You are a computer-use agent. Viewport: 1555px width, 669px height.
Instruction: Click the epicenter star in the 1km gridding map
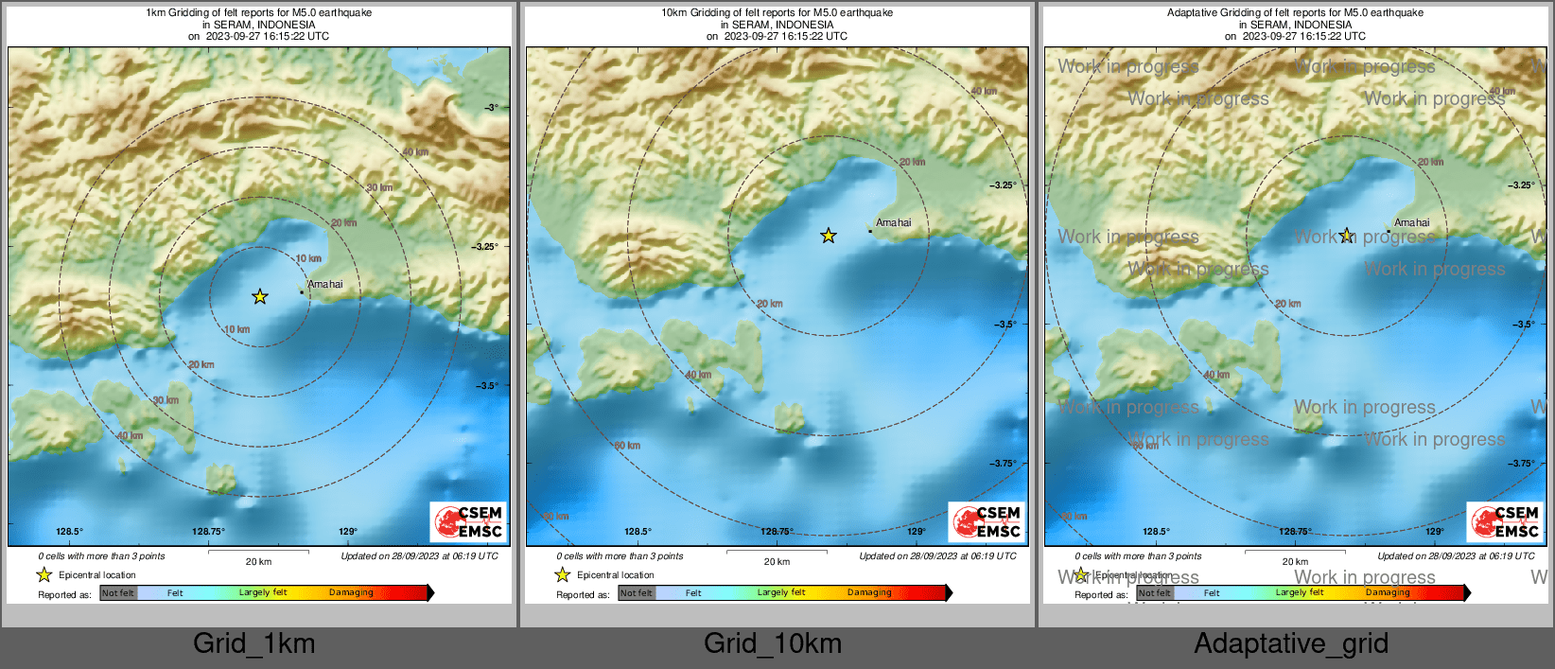260,297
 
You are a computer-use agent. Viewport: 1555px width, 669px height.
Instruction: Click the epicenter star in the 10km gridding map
829,236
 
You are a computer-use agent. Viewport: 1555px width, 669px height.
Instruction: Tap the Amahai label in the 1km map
325,285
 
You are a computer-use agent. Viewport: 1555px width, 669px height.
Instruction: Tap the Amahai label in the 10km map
893,223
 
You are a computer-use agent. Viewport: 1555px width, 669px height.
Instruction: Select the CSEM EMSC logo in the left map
470,521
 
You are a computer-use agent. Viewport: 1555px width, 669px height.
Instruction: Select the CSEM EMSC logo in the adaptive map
1506,521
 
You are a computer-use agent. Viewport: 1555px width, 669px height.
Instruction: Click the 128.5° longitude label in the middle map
638,532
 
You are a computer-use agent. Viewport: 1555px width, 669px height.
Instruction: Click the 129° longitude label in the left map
348,532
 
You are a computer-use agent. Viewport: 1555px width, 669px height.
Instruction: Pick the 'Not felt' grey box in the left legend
118,593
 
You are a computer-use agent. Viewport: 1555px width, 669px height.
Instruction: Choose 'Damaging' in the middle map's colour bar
869,593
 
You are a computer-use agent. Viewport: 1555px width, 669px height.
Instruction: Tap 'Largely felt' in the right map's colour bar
1300,593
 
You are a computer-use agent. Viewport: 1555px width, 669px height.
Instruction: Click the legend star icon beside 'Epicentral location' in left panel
44,575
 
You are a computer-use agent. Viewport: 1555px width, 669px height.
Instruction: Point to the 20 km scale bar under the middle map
777,551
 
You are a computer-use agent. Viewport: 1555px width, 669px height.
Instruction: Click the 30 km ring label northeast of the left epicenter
379,187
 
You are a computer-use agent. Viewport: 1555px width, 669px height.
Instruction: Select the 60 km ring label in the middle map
627,446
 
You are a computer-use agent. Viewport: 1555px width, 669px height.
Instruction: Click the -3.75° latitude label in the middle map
1003,464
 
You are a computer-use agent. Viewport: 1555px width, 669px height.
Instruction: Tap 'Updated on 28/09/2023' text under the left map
419,556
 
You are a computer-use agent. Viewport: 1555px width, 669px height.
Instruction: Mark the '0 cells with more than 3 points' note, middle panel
620,556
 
